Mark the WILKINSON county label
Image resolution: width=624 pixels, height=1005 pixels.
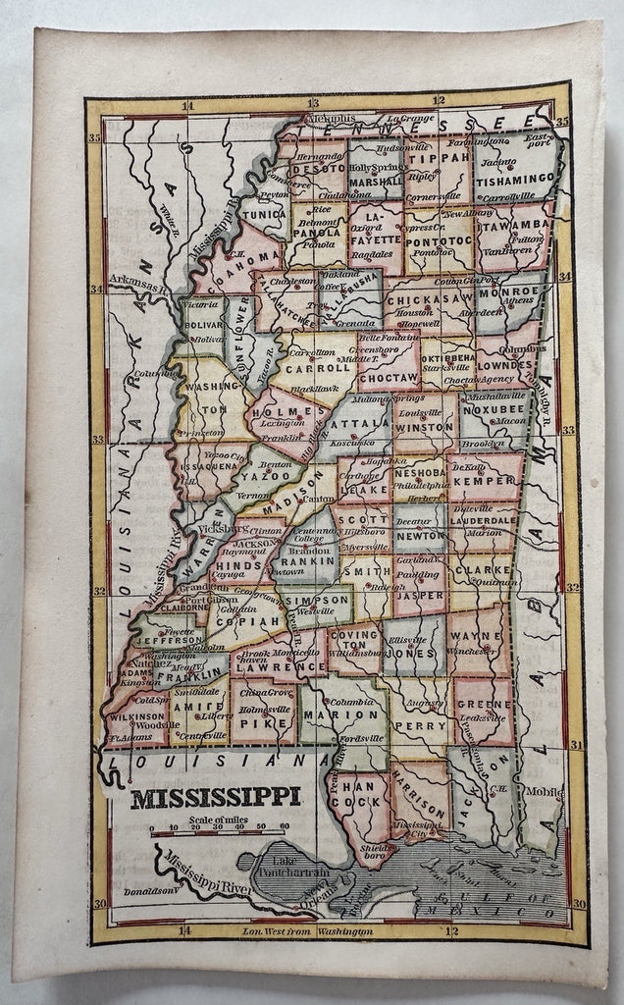pyautogui.click(x=135, y=716)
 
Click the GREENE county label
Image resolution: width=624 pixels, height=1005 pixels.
pyautogui.click(x=484, y=704)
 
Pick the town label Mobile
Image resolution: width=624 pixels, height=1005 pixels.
pyautogui.click(x=546, y=790)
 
